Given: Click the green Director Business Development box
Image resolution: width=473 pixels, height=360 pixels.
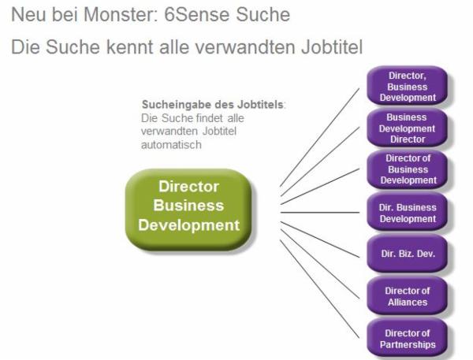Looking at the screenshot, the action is tap(188, 210).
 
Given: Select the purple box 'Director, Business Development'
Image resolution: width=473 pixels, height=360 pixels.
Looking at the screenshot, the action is tap(408, 86).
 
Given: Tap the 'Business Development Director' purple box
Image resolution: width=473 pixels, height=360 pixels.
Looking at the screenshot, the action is tap(408, 128).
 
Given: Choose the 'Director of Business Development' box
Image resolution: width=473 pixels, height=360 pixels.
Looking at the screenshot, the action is tap(408, 169).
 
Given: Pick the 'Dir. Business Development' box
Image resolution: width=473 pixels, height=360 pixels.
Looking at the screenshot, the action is tap(408, 212).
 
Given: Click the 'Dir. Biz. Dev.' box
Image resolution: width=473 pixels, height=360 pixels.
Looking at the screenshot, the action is tap(408, 254).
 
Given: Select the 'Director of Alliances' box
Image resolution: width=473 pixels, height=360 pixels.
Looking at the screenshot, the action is tap(408, 295).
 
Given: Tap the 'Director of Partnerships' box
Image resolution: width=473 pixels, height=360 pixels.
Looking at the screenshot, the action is tap(408, 338).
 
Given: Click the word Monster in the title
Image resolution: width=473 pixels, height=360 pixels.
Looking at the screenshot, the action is tap(121, 14).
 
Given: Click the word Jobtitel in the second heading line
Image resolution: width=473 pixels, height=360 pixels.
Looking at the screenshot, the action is tap(332, 47).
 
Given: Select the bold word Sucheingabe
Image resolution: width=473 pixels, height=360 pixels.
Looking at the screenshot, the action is tap(177, 105).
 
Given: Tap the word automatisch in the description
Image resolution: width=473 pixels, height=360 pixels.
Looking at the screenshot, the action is tap(171, 145).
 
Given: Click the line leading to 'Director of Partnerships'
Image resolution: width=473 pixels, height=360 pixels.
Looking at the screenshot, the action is tap(320, 289).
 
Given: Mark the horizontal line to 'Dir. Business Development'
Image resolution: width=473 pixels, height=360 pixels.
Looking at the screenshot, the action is tap(320, 213).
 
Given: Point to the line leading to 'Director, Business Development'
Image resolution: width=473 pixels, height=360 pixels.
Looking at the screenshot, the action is tap(320, 138).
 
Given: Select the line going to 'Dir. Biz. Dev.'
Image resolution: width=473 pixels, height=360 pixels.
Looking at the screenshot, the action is tap(320, 239).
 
